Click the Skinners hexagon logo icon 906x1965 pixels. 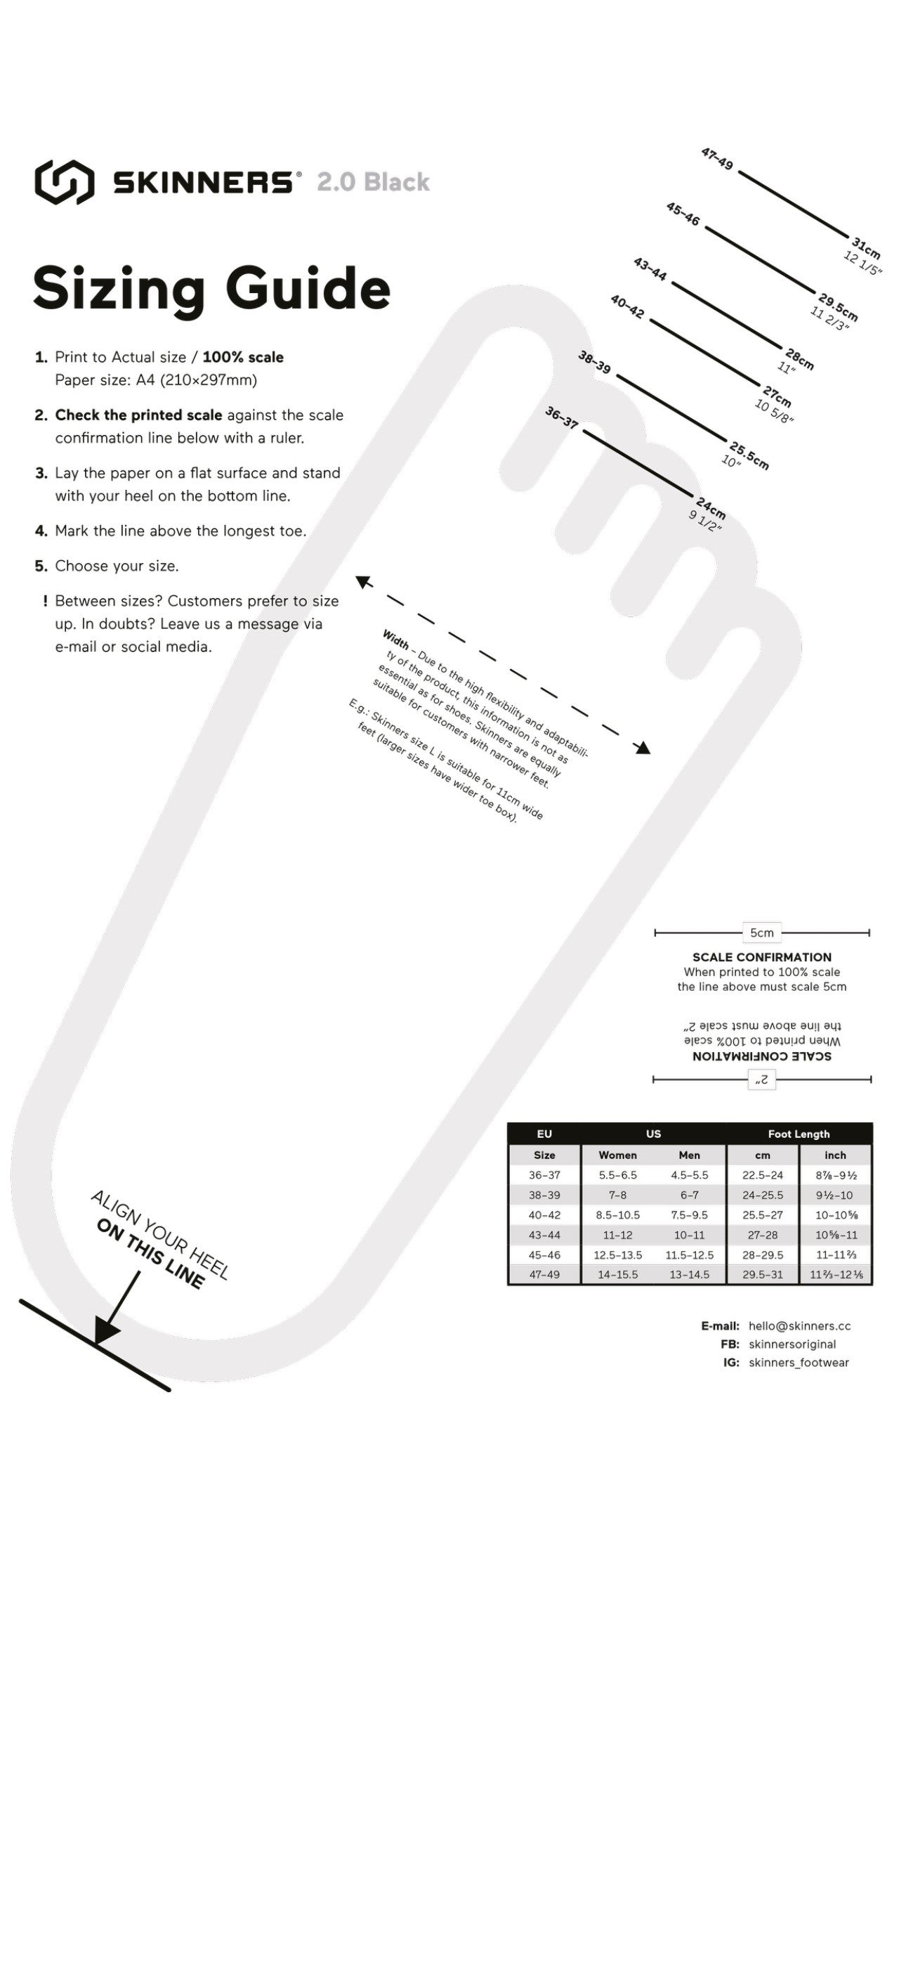(x=64, y=181)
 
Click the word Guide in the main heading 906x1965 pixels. (x=308, y=289)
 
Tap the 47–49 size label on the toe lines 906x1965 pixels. (x=717, y=159)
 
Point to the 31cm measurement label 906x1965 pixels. (x=867, y=248)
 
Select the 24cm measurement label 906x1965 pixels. (x=711, y=508)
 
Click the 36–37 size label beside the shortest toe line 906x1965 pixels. (x=561, y=417)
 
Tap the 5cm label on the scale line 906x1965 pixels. (x=761, y=932)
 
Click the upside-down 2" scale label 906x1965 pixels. (x=761, y=1079)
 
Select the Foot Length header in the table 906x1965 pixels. (x=799, y=1134)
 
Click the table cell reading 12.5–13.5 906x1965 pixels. (x=618, y=1254)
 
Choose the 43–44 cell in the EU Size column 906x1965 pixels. (x=544, y=1235)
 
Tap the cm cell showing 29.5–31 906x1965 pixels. (x=763, y=1275)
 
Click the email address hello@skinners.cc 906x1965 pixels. (x=799, y=1325)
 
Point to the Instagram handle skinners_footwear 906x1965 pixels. (x=799, y=1363)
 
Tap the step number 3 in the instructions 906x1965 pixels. (x=41, y=473)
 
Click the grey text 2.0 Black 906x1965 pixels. (x=373, y=182)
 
